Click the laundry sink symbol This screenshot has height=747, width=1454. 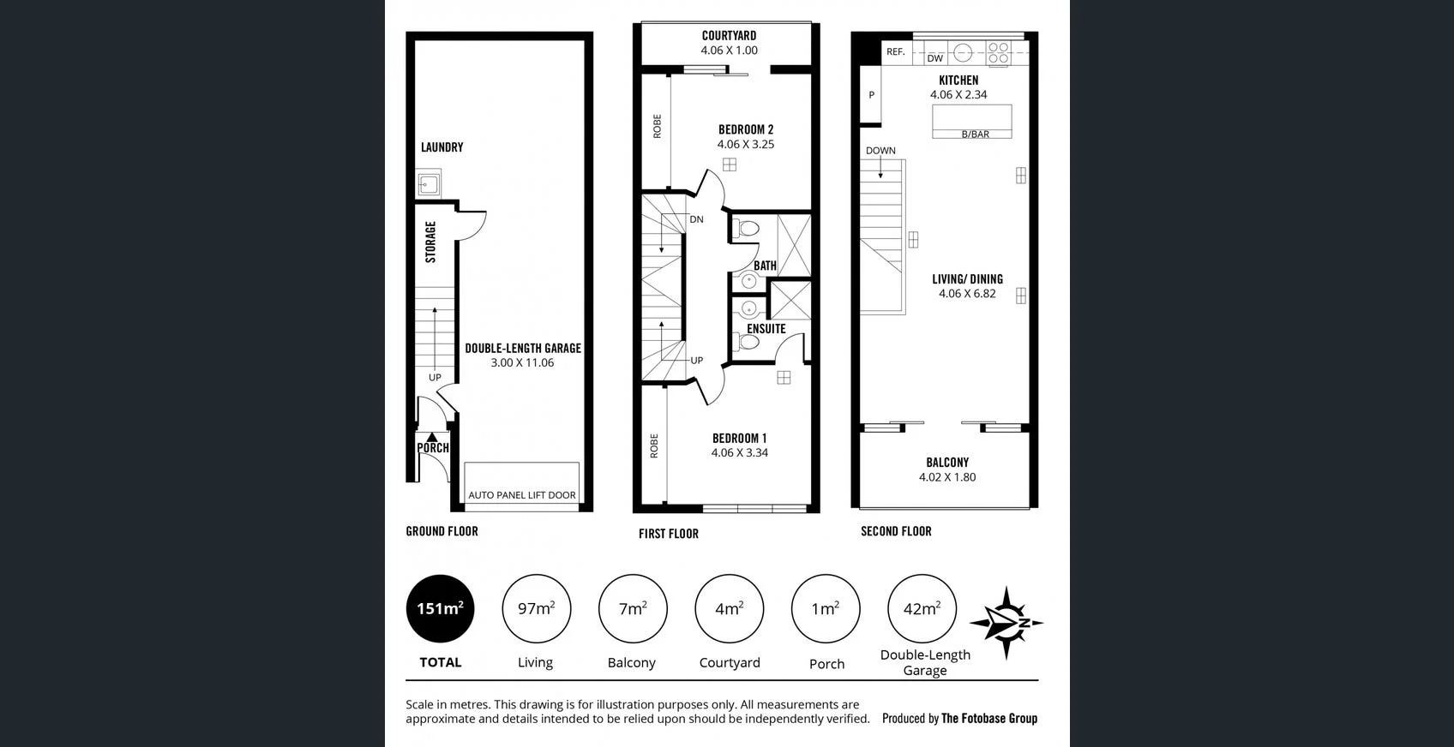[429, 183]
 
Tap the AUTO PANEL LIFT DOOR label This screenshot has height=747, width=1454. [521, 495]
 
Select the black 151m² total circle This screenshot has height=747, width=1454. [440, 608]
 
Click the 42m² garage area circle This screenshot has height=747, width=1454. [922, 608]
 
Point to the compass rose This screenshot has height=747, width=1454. [1006, 623]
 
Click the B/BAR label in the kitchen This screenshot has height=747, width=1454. [975, 134]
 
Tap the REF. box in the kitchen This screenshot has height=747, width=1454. [895, 52]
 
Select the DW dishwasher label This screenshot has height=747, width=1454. [934, 58]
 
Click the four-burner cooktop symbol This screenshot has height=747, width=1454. [998, 54]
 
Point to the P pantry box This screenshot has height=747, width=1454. [871, 95]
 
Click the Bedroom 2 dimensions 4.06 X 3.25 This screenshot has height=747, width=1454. [746, 145]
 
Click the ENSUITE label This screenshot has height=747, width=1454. [766, 329]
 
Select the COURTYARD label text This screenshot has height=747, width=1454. [729, 36]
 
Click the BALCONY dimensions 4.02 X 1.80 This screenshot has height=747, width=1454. [947, 477]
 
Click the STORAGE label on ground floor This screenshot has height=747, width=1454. [430, 242]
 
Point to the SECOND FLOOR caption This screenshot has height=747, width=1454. [896, 531]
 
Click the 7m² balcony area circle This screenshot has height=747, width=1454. [633, 608]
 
